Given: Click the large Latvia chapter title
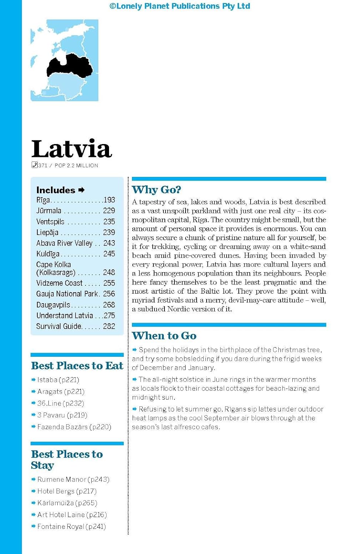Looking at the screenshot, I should [x=71, y=149].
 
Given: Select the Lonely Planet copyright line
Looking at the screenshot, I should [x=180, y=6].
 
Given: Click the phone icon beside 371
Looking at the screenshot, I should [x=34, y=165].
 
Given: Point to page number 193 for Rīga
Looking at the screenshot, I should [x=109, y=200].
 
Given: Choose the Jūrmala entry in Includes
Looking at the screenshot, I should [x=49, y=211].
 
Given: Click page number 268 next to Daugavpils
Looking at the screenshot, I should [x=109, y=305].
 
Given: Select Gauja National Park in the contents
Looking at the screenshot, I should [x=67, y=294].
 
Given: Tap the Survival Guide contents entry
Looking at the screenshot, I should [x=58, y=326].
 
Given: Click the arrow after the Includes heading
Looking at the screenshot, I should [x=82, y=190].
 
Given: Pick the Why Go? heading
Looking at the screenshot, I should [x=156, y=190].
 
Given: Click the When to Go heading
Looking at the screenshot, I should [x=164, y=336].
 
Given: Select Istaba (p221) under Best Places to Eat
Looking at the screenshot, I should [x=58, y=380].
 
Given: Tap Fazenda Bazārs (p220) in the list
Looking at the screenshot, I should [x=74, y=427].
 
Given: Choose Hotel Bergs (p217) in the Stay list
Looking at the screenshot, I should [x=67, y=491].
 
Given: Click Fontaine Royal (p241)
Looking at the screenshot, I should [x=71, y=526].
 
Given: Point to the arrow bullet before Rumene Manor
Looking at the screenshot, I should [x=33, y=479].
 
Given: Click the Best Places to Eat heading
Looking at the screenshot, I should [x=77, y=366].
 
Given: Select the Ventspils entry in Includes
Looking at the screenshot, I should [x=50, y=222].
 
